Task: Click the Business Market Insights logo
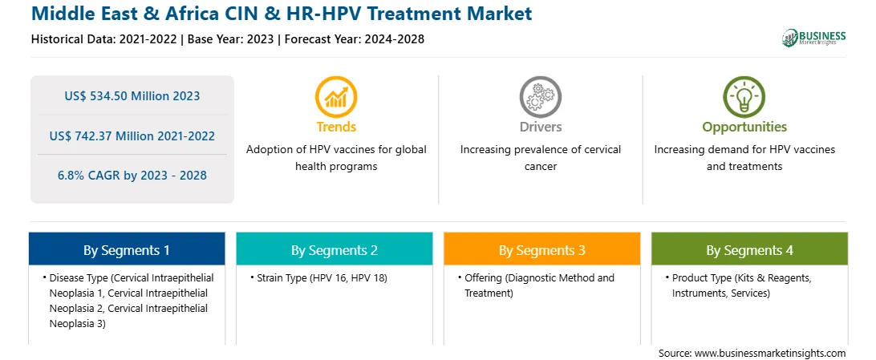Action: (813, 38)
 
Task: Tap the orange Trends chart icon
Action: (336, 96)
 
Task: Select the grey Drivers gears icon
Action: (540, 96)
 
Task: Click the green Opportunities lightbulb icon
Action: (744, 96)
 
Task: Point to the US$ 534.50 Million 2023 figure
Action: (132, 95)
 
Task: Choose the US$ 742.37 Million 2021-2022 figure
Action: (132, 136)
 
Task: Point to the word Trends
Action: (336, 127)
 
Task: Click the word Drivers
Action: (540, 127)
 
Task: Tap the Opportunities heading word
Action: (744, 127)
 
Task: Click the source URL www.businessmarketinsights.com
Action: (770, 353)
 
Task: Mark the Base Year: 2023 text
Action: (231, 39)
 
